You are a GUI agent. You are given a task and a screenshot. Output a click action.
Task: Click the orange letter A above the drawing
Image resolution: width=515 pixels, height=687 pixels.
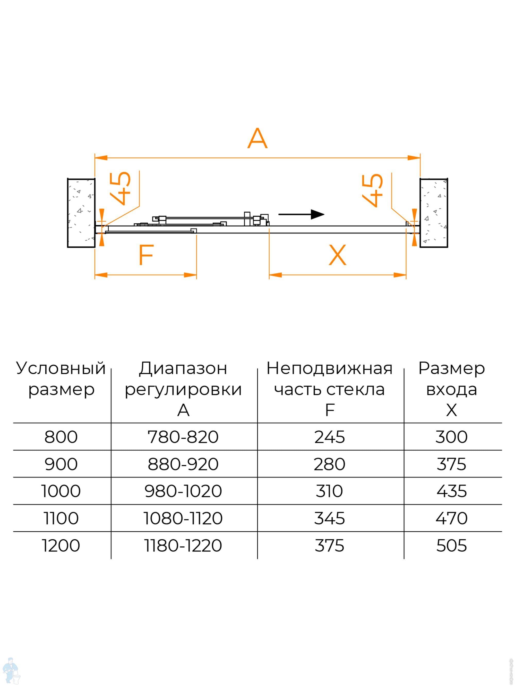[x=257, y=139]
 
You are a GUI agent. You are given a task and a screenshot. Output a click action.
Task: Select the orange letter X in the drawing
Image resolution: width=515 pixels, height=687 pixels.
[x=337, y=255]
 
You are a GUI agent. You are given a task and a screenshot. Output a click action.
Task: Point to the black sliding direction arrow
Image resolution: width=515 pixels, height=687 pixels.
[x=301, y=214]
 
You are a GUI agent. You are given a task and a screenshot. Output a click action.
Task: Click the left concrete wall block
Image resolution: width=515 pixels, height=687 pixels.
[x=81, y=213]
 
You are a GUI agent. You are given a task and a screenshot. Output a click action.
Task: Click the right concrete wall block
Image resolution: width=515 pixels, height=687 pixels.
[x=434, y=213]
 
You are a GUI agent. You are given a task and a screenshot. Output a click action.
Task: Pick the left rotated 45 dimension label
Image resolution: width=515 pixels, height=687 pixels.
[x=121, y=188]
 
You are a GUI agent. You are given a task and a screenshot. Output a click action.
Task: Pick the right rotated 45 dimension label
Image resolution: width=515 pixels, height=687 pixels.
[x=373, y=190]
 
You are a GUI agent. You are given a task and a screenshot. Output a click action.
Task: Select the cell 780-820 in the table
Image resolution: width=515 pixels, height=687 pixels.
[x=183, y=437]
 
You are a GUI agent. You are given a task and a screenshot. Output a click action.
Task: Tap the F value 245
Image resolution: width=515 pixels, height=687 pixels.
[x=329, y=437]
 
